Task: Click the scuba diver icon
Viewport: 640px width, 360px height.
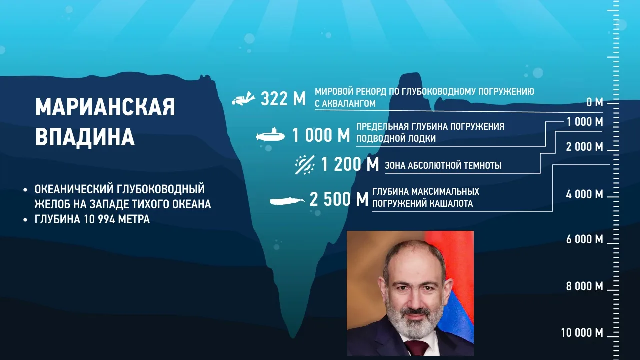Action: (243, 99)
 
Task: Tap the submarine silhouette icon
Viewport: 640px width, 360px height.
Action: (270, 135)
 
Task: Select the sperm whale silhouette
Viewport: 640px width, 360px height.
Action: (287, 201)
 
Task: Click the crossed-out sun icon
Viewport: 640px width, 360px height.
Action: (305, 165)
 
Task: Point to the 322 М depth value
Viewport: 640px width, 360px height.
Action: (283, 99)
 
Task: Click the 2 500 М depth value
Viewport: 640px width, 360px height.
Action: (339, 199)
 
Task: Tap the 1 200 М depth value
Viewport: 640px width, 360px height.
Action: (350, 164)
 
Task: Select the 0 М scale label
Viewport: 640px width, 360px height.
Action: (595, 102)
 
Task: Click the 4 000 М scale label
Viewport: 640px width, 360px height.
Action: (585, 194)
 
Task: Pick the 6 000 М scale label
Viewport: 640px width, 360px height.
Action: (585, 239)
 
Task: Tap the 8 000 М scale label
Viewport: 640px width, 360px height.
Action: (585, 286)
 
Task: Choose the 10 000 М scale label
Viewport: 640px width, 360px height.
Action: (582, 333)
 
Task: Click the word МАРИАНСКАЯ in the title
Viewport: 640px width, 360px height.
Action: (105, 107)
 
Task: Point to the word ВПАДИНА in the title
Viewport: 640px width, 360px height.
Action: (85, 137)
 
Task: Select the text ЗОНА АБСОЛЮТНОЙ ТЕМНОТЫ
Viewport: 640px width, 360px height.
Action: (443, 165)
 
